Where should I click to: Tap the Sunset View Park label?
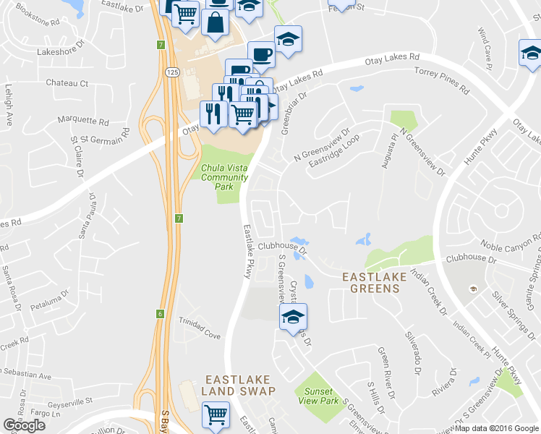click(317, 396)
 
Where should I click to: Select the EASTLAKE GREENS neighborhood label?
click(370, 282)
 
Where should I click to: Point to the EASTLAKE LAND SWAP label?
click(239, 385)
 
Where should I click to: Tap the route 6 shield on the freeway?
click(160, 313)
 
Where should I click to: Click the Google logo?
click(24, 425)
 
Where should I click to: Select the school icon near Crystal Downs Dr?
click(293, 317)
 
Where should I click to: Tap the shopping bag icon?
click(216, 22)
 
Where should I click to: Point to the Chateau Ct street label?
click(67, 83)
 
